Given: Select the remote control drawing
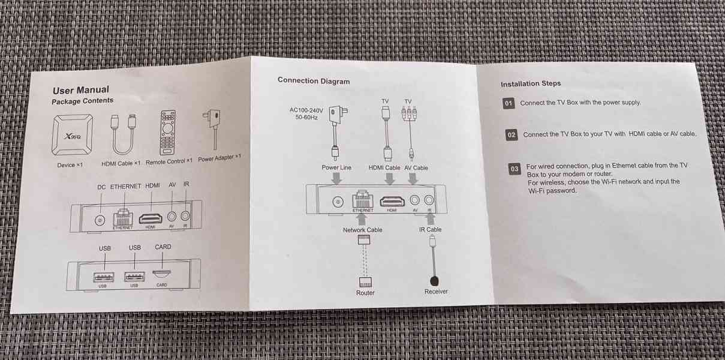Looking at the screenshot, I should click(168, 132).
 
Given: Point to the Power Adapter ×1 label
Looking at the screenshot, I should click(219, 158).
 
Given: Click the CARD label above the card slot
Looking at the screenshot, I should click(163, 247).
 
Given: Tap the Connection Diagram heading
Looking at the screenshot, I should click(314, 81).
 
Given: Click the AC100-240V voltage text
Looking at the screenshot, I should click(306, 110).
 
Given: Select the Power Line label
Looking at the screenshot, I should click(336, 168).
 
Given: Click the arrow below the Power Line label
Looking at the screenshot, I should click(337, 179).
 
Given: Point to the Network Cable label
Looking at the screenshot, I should click(362, 230).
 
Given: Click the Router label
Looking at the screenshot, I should click(365, 293).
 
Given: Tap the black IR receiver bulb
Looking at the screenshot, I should click(435, 280).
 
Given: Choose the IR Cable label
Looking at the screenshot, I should click(430, 230).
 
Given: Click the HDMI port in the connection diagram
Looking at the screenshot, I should click(392, 202).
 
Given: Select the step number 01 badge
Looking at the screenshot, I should click(509, 103).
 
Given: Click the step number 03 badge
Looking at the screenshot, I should click(515, 169).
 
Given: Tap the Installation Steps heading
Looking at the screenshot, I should click(531, 84).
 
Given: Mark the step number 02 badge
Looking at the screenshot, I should click(512, 135).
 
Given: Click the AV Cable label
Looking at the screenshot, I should click(416, 168).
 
